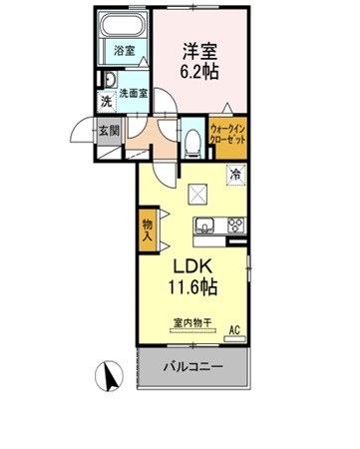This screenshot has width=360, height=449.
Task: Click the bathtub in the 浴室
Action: point(124,25)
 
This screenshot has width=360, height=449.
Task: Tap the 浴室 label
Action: point(124,51)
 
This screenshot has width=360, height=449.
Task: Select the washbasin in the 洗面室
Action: point(110,80)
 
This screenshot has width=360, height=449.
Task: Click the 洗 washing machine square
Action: point(107,101)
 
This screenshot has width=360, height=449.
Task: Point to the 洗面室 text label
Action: point(134,94)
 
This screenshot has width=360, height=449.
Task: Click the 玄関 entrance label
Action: point(109,131)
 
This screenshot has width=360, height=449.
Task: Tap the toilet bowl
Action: point(193,142)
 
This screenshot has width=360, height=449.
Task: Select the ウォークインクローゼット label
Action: point(228,134)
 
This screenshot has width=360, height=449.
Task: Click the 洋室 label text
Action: point(199,52)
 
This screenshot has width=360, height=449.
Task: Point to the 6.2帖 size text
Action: point(199,71)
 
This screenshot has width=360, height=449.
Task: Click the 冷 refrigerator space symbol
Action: point(236,175)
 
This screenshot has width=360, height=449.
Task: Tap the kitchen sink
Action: point(204,224)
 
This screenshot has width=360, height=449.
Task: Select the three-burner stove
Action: point(236,225)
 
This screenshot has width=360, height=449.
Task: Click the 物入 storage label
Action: point(148,230)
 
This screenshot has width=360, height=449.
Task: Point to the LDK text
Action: point(191,267)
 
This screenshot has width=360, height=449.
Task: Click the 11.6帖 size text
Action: point(192,286)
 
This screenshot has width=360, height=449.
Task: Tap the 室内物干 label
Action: point(192,322)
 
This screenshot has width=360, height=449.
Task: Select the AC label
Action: point(234,330)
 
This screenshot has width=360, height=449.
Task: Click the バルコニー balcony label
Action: point(192,367)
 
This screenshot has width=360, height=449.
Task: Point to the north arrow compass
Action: point(109,376)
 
